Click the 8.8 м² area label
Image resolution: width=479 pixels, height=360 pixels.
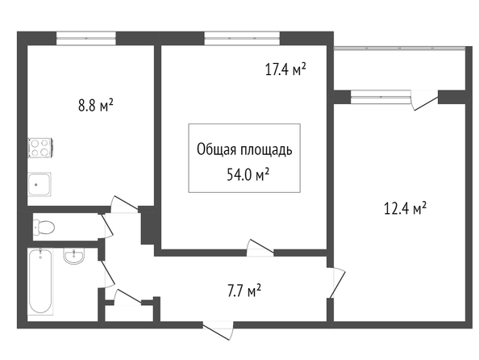[96, 105]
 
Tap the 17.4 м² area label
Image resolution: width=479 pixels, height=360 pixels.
[285, 69]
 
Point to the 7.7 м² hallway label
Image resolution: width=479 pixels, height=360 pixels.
[244, 291]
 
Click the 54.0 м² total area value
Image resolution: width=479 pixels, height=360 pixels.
[248, 175]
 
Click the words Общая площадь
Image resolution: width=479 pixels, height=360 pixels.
[244, 150]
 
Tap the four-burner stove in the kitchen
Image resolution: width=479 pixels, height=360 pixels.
[41, 148]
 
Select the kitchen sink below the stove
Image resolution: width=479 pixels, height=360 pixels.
[40, 184]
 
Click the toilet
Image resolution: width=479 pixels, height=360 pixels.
[44, 228]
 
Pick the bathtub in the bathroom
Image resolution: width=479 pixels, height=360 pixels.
[40, 281]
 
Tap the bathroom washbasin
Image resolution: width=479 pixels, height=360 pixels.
[73, 255]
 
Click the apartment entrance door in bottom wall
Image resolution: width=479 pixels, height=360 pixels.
[218, 330]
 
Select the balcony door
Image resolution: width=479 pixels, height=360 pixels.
[425, 100]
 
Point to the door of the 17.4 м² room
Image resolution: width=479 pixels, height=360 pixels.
[260, 248]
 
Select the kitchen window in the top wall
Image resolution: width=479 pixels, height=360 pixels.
[86, 38]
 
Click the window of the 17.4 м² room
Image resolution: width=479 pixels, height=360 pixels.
[242, 38]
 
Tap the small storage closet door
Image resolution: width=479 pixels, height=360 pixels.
[127, 297]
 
